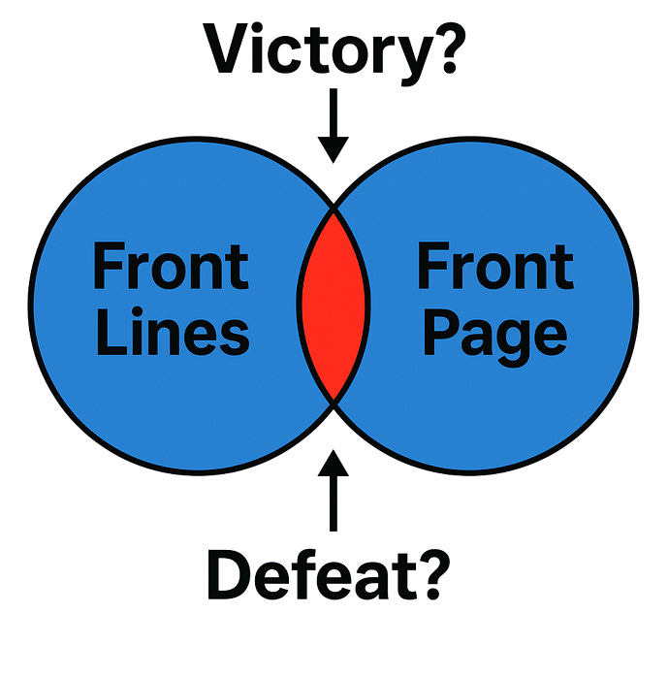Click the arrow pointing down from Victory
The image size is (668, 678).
pos(334,126)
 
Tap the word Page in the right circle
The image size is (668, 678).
pos(495,332)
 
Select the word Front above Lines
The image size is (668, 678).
pos(171,267)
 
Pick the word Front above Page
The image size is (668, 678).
pos(495,267)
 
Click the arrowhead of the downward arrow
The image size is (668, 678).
pos(334,147)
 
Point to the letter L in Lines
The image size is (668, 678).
pos(110,332)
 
